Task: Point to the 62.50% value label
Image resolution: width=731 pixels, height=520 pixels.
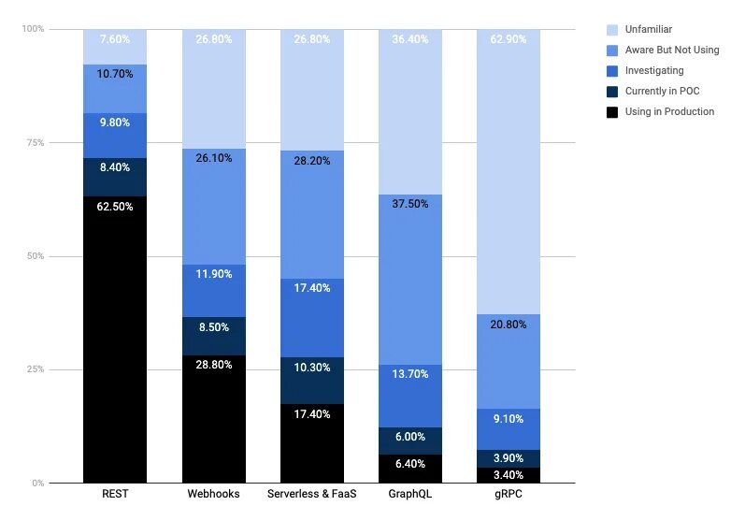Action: [x=115, y=207]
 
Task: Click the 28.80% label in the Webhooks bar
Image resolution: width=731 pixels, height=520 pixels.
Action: [x=213, y=367]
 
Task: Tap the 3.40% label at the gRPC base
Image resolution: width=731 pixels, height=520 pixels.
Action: [x=508, y=474]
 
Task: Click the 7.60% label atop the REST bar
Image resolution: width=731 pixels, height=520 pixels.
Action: [x=115, y=40]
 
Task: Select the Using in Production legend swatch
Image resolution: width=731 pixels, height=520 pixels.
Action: [x=612, y=111]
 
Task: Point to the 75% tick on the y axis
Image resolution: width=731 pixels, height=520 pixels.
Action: [x=34, y=143]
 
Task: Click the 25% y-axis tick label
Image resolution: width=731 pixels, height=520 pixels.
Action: [x=34, y=369]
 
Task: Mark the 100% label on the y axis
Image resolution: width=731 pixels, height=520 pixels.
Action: [x=33, y=29]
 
